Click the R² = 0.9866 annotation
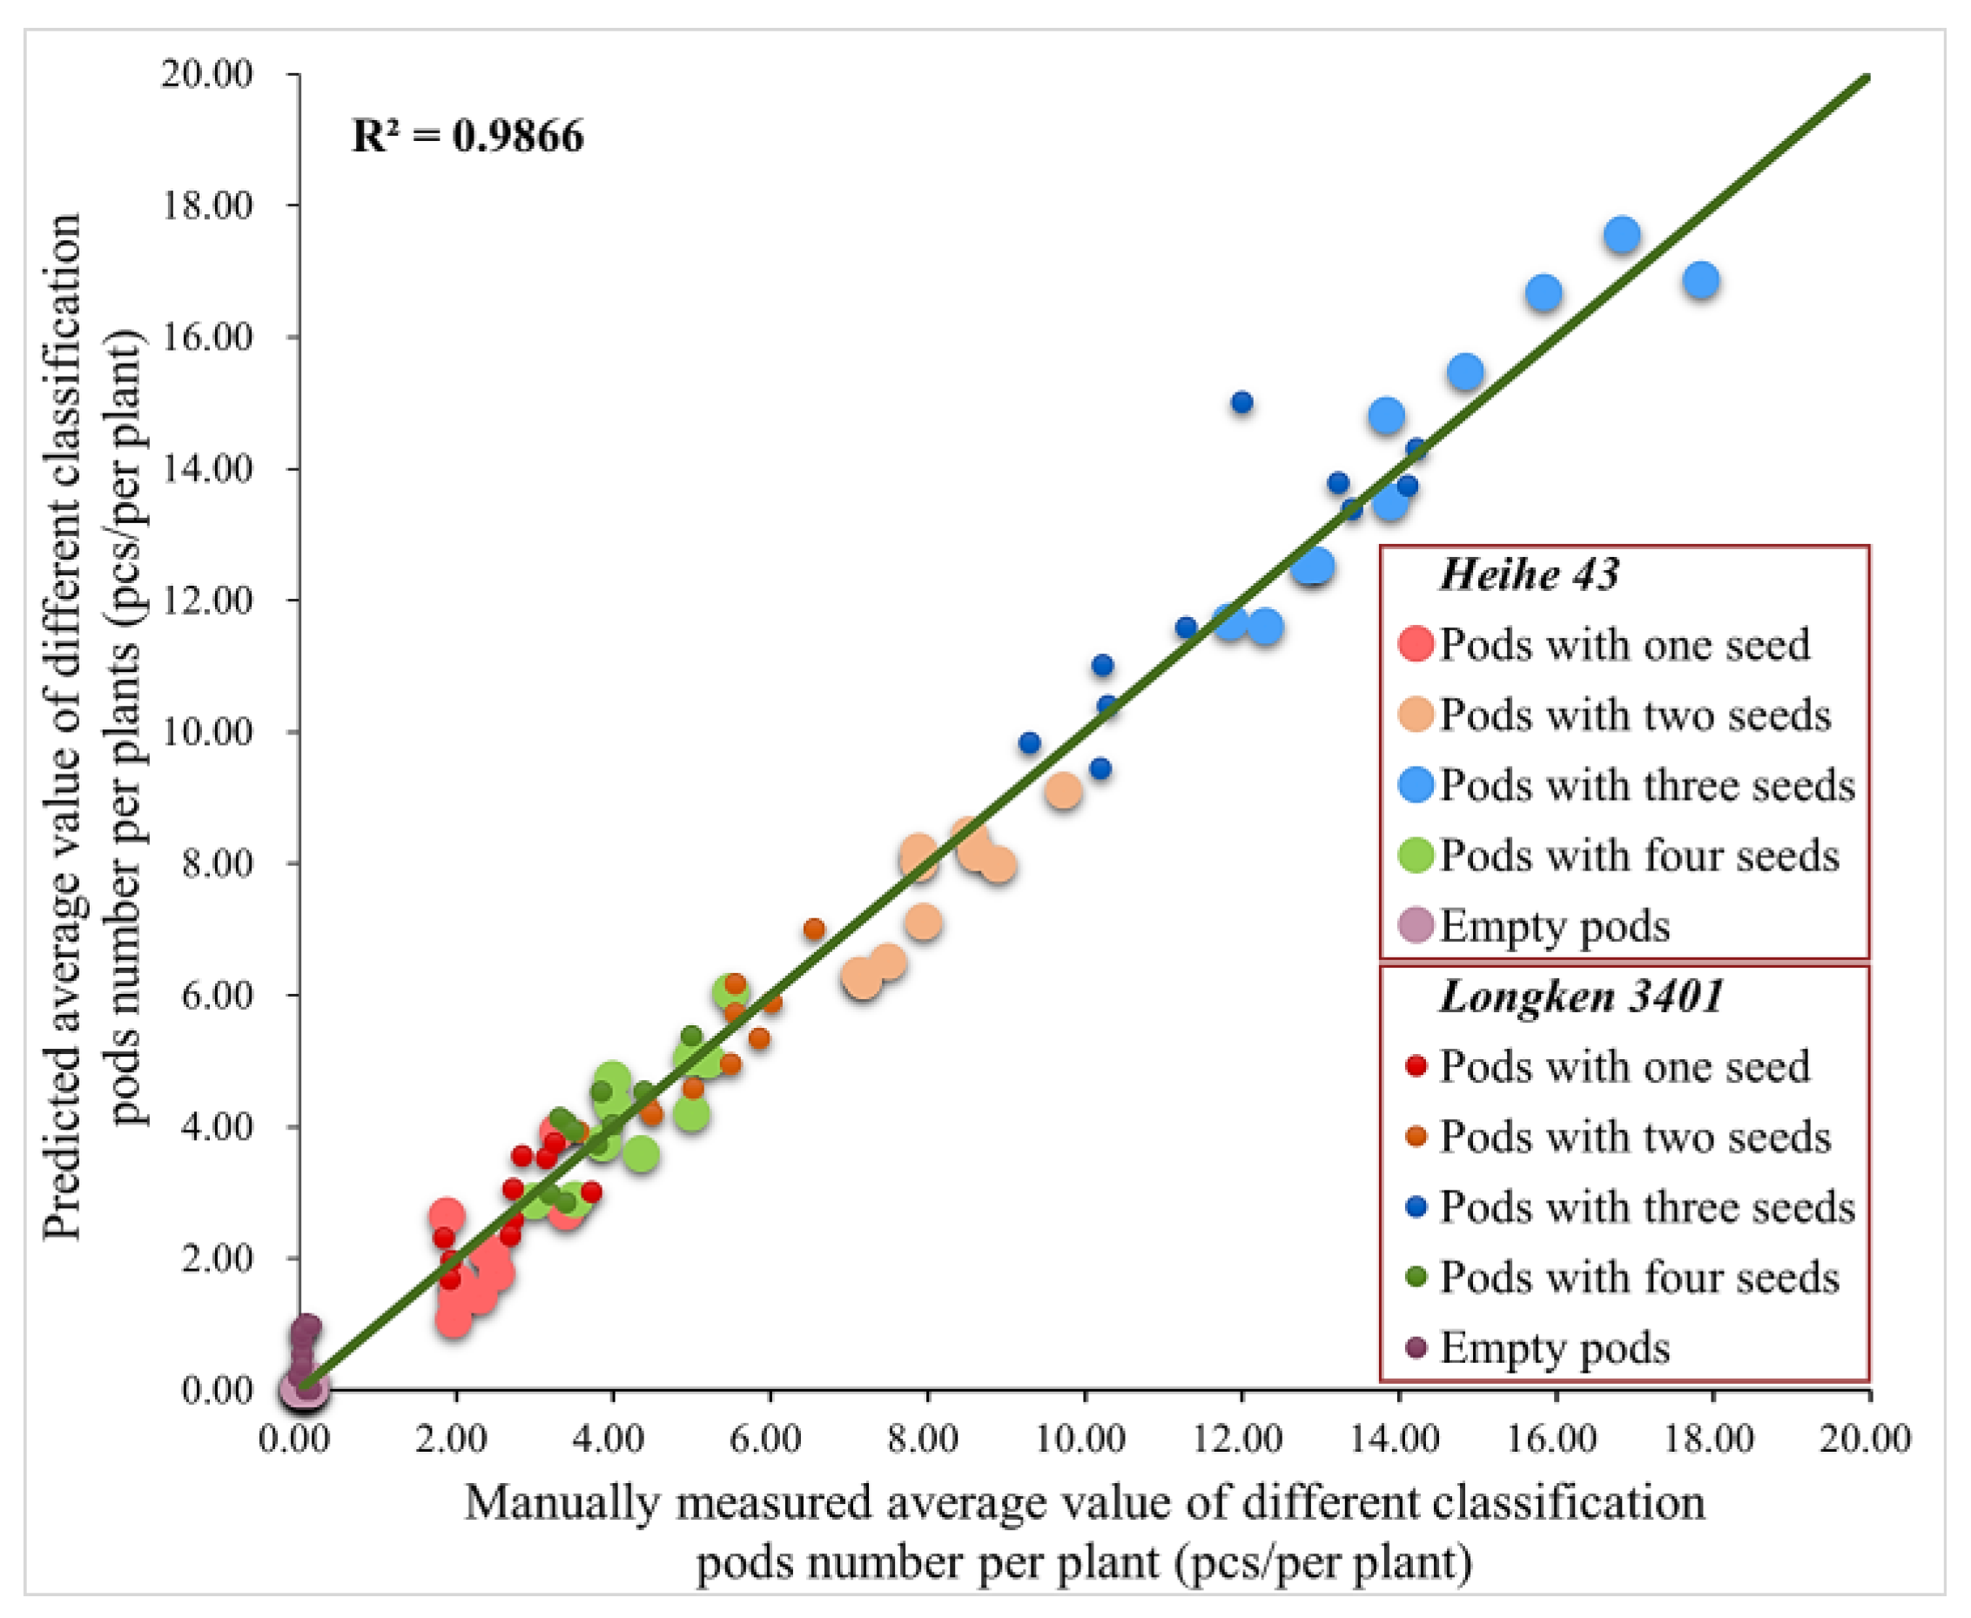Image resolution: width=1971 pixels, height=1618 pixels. click(468, 136)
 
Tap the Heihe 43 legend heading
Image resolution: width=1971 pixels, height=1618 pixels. click(1529, 574)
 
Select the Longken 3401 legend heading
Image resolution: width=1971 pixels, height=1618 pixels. click(1581, 997)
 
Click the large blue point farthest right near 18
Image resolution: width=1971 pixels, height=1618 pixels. click(1701, 280)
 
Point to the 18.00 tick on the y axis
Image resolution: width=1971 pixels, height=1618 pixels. click(207, 205)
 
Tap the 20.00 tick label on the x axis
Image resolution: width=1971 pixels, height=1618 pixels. click(1865, 1438)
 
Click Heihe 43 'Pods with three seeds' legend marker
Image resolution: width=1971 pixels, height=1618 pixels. click(1416, 785)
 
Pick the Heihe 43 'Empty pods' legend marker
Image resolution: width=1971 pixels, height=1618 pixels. click(1416, 925)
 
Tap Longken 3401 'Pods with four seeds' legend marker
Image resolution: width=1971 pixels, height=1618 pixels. click(1416, 1278)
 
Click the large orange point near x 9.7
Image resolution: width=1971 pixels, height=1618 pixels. click(1063, 791)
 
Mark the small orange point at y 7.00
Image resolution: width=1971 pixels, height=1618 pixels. click(814, 930)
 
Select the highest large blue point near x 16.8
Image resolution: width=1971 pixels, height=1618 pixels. click(1622, 235)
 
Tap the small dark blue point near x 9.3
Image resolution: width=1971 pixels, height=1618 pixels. click(1029, 742)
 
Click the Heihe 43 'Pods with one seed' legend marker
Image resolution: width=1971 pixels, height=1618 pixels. click(1416, 644)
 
